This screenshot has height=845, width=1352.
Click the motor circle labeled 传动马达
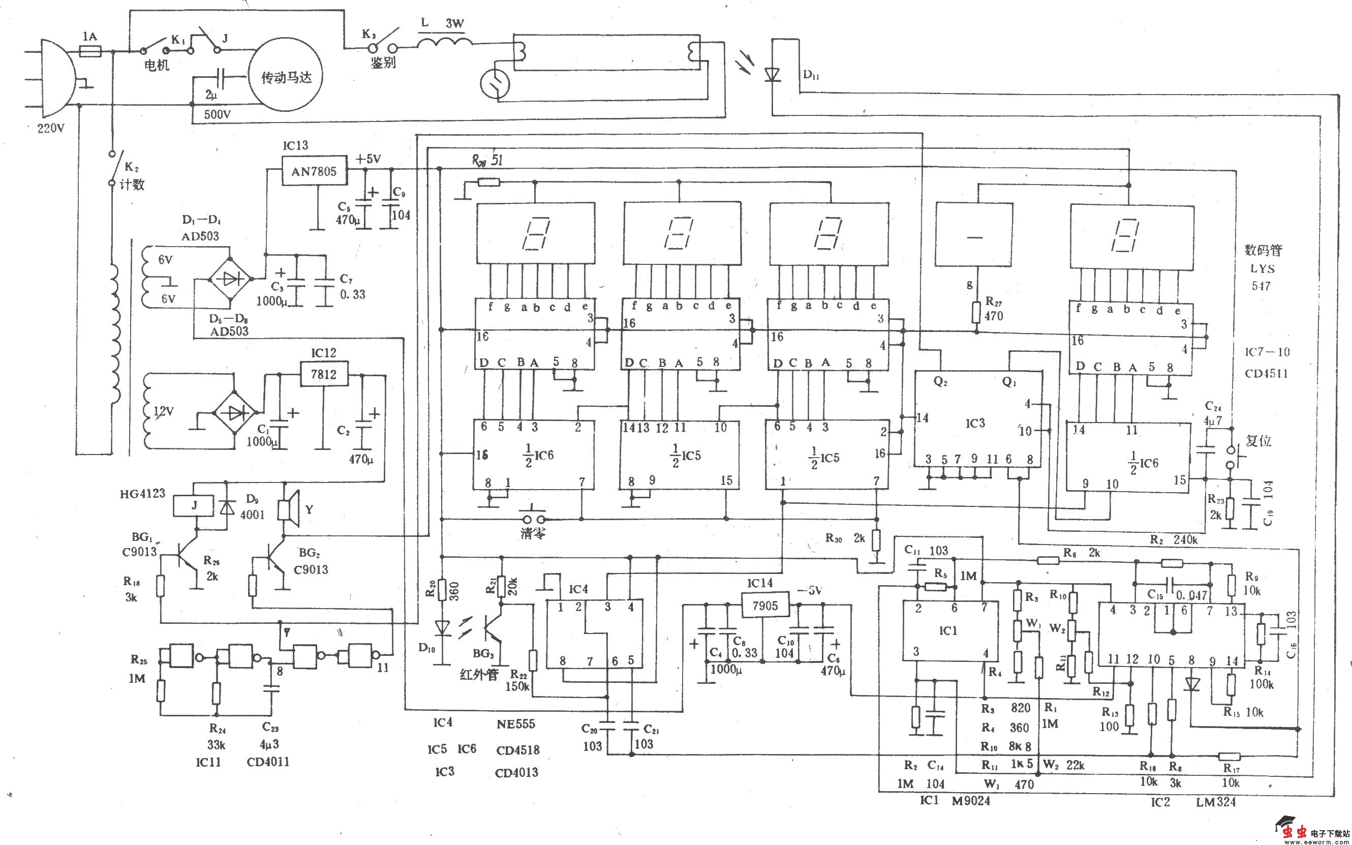[286, 78]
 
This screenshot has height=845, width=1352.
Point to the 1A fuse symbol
[90, 51]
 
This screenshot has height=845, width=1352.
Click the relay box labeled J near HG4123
[194, 506]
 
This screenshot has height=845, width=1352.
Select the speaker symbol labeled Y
[289, 508]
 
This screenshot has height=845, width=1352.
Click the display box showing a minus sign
[974, 237]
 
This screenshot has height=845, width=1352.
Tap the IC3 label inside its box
[975, 423]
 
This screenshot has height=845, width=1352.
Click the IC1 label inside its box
[947, 630]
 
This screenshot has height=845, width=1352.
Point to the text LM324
[1216, 802]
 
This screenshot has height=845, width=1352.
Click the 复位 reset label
[1258, 441]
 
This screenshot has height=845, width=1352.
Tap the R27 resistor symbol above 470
[976, 312]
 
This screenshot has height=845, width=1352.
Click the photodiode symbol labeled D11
[773, 74]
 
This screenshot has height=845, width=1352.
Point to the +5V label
[368, 159]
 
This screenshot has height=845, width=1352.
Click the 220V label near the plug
[51, 129]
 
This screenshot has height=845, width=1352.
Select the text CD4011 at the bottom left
[268, 762]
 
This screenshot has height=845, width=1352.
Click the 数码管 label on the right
[1264, 250]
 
